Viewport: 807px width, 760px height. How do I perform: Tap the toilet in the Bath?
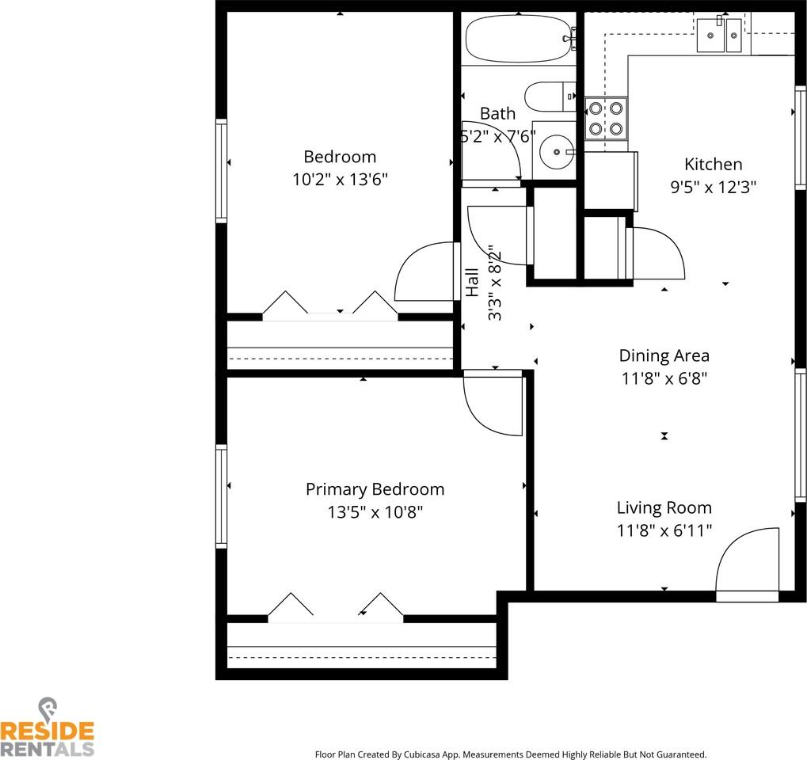549,97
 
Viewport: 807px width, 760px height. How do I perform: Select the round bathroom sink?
557,150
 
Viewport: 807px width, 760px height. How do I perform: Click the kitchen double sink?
719,35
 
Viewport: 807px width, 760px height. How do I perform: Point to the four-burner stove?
606,118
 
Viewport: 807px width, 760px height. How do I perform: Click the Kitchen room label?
713,165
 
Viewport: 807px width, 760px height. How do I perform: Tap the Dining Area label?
664,355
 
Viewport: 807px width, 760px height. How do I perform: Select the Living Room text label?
664,507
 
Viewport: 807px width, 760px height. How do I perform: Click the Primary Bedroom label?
375,489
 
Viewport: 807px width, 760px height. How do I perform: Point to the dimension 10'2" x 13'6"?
340,179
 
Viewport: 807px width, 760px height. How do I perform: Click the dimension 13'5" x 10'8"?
375,512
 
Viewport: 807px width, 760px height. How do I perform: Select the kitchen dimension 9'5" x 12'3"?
713,187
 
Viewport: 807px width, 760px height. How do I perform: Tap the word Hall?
472,283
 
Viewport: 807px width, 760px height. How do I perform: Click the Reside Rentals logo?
48,728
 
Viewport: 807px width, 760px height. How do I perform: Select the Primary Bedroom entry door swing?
492,404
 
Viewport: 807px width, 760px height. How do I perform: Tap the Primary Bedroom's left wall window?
222,496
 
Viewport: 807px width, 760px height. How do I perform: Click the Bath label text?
497,114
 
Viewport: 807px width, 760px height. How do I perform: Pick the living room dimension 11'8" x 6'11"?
664,530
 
